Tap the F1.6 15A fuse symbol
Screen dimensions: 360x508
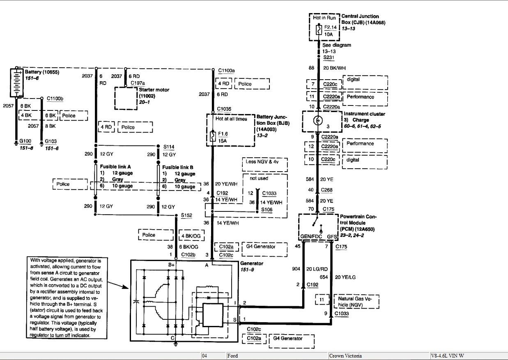(212, 136)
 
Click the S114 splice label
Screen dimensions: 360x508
(169, 146)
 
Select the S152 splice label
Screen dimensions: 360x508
(186, 215)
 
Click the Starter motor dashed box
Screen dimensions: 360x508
(125, 98)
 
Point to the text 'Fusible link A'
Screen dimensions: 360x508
(115, 167)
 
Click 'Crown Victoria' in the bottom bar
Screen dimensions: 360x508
(345, 356)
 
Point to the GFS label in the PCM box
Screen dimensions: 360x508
(332, 237)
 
